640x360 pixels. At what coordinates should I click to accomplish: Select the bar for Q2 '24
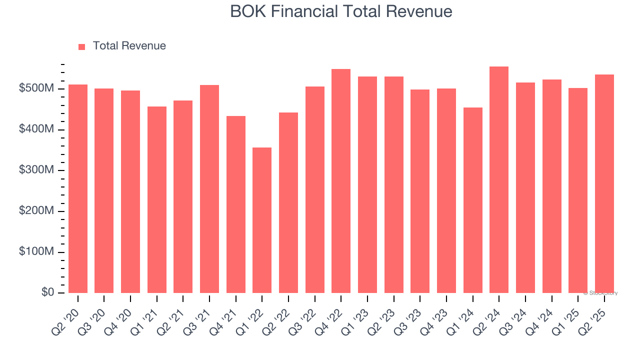499,179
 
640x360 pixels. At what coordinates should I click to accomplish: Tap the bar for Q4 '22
341,181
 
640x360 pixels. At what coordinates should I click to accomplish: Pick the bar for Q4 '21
236,204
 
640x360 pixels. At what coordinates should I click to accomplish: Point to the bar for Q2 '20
78,188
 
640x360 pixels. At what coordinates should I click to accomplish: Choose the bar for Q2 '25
604,183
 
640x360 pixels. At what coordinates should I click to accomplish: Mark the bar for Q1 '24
472,200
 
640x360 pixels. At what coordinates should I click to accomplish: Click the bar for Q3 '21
209,189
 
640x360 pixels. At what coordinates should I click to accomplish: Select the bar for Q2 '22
288,202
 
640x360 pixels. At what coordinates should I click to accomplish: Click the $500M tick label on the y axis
36,89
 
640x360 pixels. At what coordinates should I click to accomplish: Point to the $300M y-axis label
36,170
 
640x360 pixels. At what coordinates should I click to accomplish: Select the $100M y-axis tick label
36,252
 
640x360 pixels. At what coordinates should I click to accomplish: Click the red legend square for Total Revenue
82,46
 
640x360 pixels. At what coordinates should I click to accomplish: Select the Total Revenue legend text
129,46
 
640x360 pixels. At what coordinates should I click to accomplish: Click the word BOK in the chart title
247,11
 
